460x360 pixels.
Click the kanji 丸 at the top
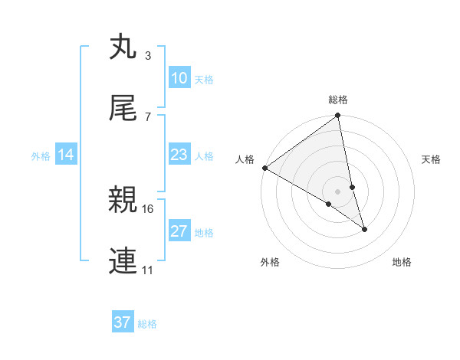(123, 47)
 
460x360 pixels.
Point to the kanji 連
(123, 261)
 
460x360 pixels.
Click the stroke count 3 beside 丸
(147, 56)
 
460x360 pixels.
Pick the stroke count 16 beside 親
(149, 208)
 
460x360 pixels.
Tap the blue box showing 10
(179, 78)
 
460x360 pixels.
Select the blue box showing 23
(179, 155)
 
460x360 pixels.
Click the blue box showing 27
(179, 231)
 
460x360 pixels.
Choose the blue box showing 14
(66, 155)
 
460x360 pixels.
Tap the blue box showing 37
(122, 322)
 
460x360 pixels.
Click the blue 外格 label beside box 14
(41, 155)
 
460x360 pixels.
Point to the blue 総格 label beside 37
(147, 323)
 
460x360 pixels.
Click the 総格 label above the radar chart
(338, 100)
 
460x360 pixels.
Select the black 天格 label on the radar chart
(432, 159)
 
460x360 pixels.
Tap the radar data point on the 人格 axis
(264, 168)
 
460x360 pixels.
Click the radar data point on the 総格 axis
(338, 116)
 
